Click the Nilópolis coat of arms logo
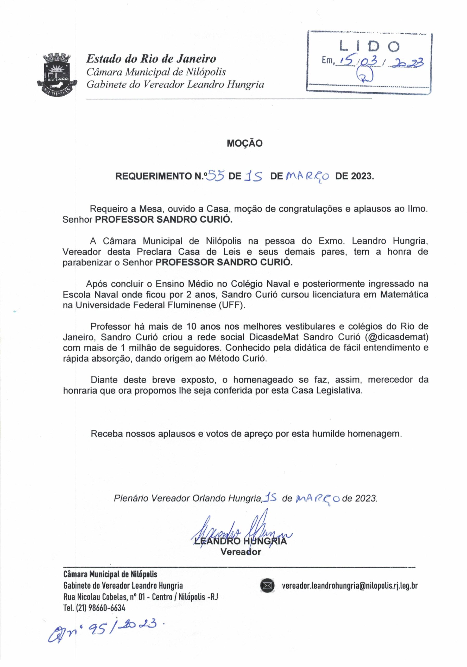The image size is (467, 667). click(x=58, y=73)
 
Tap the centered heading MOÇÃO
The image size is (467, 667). click(x=244, y=143)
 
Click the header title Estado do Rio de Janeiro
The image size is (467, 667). click(x=151, y=59)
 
